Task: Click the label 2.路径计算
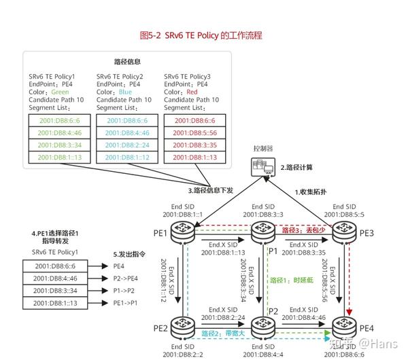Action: (x=297, y=167)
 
